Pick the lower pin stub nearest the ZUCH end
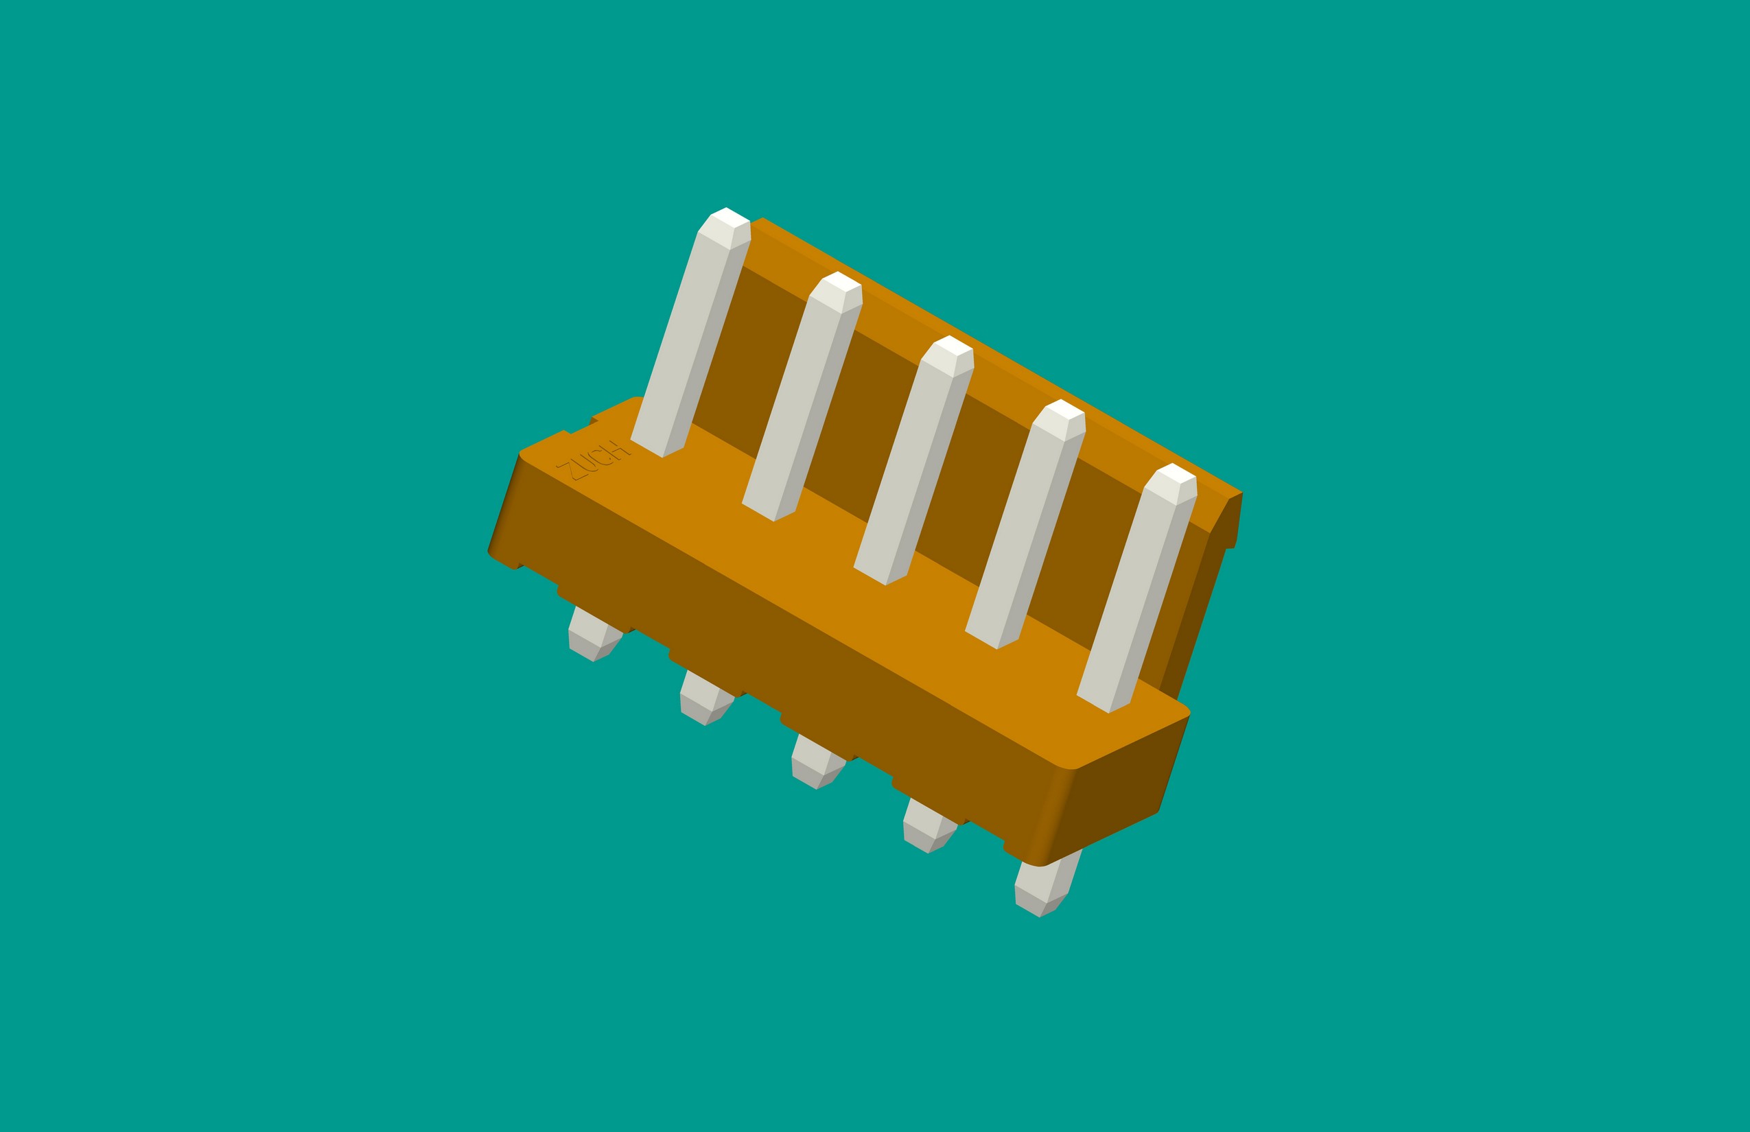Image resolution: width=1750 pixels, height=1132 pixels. tap(595, 635)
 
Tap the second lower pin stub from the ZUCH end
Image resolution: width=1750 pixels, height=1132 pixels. tap(707, 699)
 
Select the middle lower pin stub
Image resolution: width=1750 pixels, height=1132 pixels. tap(818, 763)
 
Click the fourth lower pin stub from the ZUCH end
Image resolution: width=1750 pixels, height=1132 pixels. tap(930, 827)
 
